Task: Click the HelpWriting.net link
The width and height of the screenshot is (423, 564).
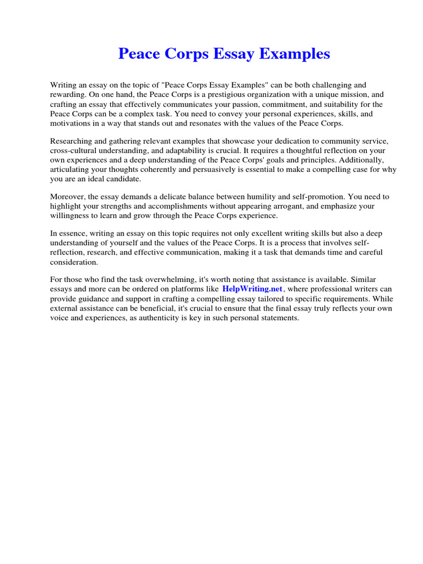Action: (x=252, y=289)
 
